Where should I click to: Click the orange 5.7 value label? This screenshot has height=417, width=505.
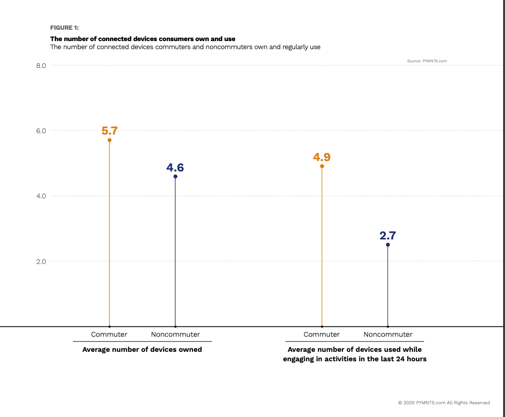click(109, 131)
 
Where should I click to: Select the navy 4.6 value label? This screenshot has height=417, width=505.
click(175, 168)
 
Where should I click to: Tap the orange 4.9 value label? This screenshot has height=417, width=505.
click(322, 157)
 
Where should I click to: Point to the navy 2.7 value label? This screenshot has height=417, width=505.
click(388, 236)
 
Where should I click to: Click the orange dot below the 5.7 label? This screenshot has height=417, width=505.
click(109, 140)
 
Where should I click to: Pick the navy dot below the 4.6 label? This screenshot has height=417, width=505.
click(176, 177)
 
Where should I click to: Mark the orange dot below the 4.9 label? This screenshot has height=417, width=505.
click(322, 166)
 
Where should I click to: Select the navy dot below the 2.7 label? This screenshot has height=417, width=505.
click(388, 245)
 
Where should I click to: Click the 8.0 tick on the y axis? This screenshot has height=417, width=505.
click(41, 66)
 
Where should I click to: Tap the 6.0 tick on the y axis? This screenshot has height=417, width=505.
click(41, 131)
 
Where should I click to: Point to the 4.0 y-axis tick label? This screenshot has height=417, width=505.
click(41, 196)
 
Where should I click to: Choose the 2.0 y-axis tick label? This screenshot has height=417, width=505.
click(41, 261)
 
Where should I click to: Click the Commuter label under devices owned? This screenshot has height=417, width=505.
click(109, 334)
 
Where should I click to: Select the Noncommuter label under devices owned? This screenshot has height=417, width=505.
click(176, 334)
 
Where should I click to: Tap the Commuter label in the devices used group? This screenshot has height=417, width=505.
click(321, 334)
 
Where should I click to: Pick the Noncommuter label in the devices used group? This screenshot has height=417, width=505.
click(388, 334)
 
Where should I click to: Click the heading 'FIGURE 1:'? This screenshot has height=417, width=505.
click(64, 28)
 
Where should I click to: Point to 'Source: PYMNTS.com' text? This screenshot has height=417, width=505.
click(427, 61)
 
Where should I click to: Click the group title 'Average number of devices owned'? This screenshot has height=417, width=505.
click(142, 350)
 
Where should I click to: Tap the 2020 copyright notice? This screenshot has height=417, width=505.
click(444, 403)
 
